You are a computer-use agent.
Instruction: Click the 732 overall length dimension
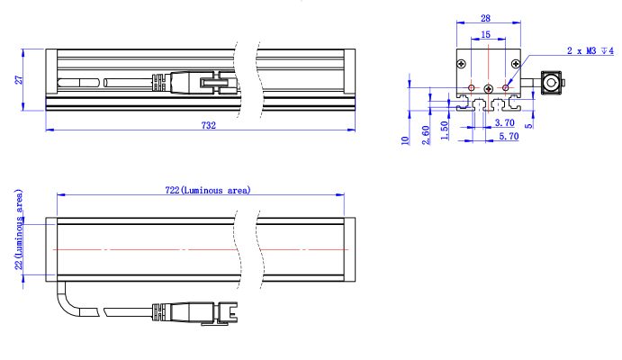point(209,125)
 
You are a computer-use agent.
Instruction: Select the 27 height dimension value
point(19,80)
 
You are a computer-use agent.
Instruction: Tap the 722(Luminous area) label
point(208,190)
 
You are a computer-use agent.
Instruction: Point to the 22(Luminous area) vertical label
point(19,229)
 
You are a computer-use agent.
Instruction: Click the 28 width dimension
point(485,18)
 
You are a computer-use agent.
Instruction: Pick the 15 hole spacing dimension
point(485,35)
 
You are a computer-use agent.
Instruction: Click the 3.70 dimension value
point(505,123)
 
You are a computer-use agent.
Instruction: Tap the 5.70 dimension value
point(509,137)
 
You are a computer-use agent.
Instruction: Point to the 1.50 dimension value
point(445,130)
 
